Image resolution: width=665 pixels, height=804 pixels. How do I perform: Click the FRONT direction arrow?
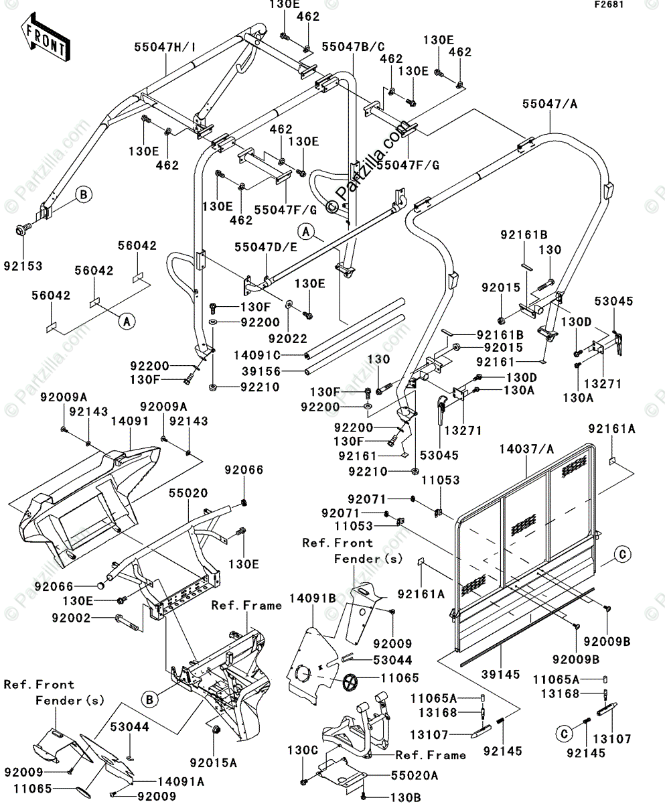(x=45, y=37)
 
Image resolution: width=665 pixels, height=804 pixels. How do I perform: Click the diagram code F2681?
(x=609, y=5)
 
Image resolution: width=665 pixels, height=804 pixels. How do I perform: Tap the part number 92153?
(x=23, y=266)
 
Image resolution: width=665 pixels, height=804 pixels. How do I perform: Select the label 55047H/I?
(x=165, y=48)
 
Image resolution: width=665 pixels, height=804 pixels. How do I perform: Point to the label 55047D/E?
(x=267, y=247)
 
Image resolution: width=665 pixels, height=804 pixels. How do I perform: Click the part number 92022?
(x=288, y=338)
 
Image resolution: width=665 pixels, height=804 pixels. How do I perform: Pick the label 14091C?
(x=256, y=354)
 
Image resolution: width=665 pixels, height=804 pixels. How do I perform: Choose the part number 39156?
(x=261, y=371)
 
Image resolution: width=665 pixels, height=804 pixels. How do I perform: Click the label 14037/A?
(x=526, y=449)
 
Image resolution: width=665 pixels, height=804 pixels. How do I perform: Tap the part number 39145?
(x=501, y=674)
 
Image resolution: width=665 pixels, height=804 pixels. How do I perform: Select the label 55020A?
(x=415, y=775)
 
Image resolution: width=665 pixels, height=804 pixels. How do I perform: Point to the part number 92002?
(x=71, y=618)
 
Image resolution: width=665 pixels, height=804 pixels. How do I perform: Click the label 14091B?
(x=313, y=598)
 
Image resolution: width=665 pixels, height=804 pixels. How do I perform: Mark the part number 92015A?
(x=213, y=762)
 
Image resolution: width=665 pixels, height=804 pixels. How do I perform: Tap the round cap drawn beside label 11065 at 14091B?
(x=350, y=683)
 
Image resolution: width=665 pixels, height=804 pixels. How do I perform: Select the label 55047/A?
(x=550, y=104)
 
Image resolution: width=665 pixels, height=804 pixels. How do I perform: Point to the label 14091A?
(x=181, y=782)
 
